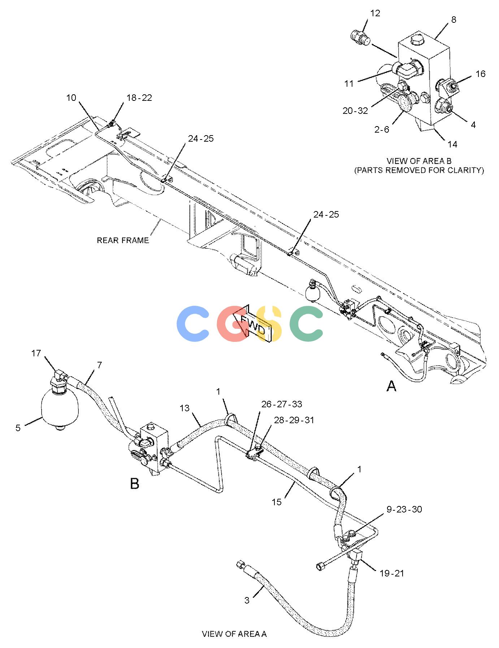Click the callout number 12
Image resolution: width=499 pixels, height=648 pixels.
tap(375, 13)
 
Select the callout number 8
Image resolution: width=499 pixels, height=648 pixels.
tap(454, 20)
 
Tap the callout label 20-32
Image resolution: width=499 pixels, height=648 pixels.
tap(355, 111)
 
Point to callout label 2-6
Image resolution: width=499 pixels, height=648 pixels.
tap(382, 129)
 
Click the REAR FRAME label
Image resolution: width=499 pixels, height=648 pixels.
tap(123, 240)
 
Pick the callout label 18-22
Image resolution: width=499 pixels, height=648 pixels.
tap(139, 98)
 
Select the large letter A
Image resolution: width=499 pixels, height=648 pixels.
tap(391, 386)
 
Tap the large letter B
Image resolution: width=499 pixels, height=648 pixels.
tap(135, 484)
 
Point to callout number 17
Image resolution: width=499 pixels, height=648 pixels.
tap(36, 353)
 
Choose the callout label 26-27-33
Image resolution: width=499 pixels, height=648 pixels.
tap(282, 404)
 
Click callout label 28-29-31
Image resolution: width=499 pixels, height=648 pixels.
tap(294, 420)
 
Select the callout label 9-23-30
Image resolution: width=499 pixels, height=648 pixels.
tap(404, 509)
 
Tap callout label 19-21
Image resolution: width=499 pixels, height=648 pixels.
tap(392, 573)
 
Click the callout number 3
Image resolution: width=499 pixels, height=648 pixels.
tap(247, 600)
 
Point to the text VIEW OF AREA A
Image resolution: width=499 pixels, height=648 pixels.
tap(234, 634)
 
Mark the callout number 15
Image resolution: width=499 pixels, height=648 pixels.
tap(277, 502)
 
